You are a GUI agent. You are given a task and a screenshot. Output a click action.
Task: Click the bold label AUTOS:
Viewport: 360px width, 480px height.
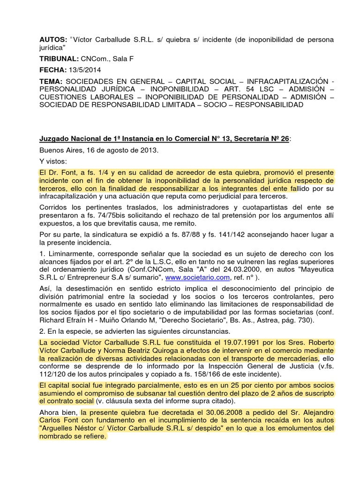point(52,40)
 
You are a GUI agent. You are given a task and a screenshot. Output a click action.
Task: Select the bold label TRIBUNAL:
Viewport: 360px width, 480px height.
point(59,60)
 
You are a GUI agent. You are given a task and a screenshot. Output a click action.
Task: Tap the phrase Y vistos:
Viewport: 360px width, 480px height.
point(53,161)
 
